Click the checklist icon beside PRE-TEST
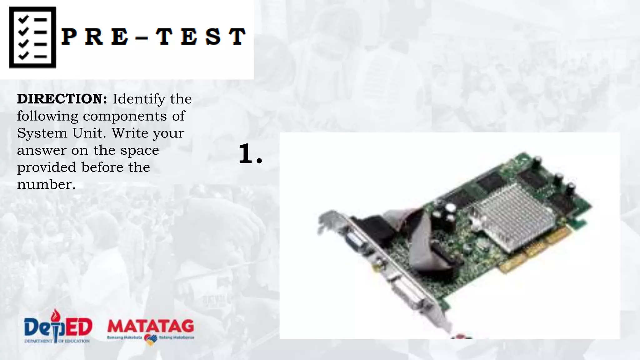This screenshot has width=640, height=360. pyautogui.click(x=32, y=37)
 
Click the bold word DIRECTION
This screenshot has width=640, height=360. pyautogui.click(x=62, y=99)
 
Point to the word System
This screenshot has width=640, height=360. pyautogui.click(x=42, y=133)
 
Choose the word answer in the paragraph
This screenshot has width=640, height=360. pyautogui.click(x=41, y=151)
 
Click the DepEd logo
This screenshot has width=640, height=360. pyautogui.click(x=58, y=327)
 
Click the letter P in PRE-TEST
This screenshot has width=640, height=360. pyautogui.click(x=69, y=37)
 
